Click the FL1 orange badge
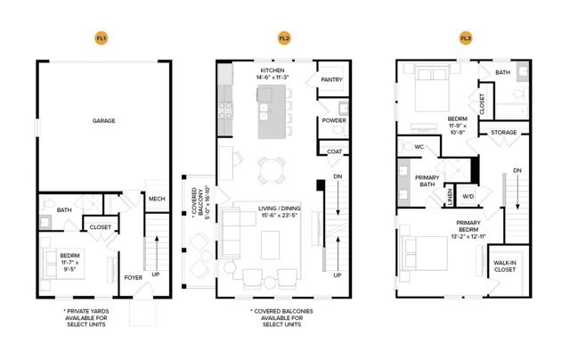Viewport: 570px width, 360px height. click(x=102, y=38)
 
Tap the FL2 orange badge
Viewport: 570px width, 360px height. click(x=284, y=38)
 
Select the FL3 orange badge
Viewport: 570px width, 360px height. click(x=466, y=38)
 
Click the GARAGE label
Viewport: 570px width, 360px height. click(x=103, y=120)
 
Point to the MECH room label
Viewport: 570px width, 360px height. click(x=157, y=199)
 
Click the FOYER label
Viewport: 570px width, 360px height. click(x=134, y=277)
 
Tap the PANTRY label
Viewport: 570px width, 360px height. click(x=331, y=79)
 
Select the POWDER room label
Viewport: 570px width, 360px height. click(x=334, y=120)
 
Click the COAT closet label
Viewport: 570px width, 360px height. click(x=335, y=151)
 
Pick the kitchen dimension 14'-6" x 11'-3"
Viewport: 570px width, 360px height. click(x=273, y=78)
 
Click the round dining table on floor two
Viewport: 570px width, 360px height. click(x=272, y=170)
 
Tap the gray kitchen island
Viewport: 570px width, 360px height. click(x=272, y=111)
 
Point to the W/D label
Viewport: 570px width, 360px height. click(x=468, y=196)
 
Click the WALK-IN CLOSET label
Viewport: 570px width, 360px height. click(x=505, y=266)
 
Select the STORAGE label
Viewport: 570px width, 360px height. click(x=503, y=133)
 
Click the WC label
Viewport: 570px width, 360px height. click(x=419, y=147)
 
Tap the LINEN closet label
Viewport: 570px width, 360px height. click(x=450, y=197)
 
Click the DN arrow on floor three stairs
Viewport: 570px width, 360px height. click(x=517, y=192)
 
